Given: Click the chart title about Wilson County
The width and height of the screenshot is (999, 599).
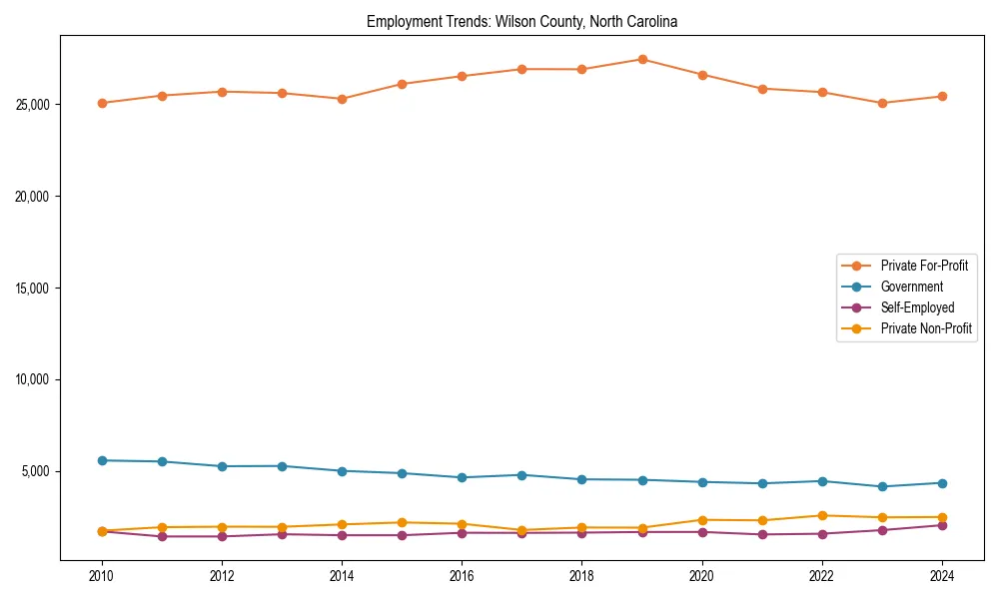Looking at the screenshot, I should [521, 21].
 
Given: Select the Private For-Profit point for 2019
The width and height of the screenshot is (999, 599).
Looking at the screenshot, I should [642, 59].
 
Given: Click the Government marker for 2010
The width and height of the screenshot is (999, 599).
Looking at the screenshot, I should [102, 460].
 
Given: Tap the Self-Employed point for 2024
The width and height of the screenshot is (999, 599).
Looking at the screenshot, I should [942, 525].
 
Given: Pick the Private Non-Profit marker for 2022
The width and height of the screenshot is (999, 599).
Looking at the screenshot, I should [822, 515].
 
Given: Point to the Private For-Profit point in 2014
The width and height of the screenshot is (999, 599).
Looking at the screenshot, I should [342, 99].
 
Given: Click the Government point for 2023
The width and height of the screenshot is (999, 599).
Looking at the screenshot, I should [882, 486].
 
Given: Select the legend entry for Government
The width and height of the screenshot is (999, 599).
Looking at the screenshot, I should [911, 287].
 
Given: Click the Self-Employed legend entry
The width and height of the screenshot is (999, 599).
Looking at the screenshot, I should [917, 307].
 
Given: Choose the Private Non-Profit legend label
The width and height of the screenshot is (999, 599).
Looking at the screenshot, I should [926, 328].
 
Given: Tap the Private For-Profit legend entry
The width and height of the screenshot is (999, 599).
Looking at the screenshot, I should [924, 266].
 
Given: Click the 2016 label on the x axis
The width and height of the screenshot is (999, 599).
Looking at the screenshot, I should [462, 576].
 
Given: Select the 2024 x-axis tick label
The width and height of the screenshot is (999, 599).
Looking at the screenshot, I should [942, 576].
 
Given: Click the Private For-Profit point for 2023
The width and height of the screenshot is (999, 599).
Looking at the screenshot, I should [882, 103].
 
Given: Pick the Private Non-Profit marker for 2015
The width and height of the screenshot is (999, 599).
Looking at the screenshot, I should [402, 522].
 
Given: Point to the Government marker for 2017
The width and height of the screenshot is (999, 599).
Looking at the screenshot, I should [521, 475].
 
